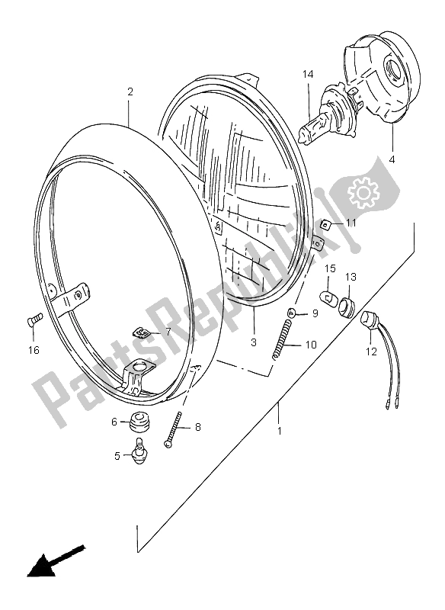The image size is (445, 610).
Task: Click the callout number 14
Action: coord(308,74)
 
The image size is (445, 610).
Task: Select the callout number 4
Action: coord(392,159)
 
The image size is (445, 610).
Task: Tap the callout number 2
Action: coord(130,91)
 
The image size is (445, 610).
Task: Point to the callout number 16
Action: coord(34,350)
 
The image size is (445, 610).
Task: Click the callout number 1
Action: coord(279,431)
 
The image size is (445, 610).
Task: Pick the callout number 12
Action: coord(372,352)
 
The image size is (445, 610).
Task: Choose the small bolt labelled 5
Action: coord(139,451)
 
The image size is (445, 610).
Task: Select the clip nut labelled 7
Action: coord(139,332)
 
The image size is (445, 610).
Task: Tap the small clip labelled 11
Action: coord(325,224)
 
